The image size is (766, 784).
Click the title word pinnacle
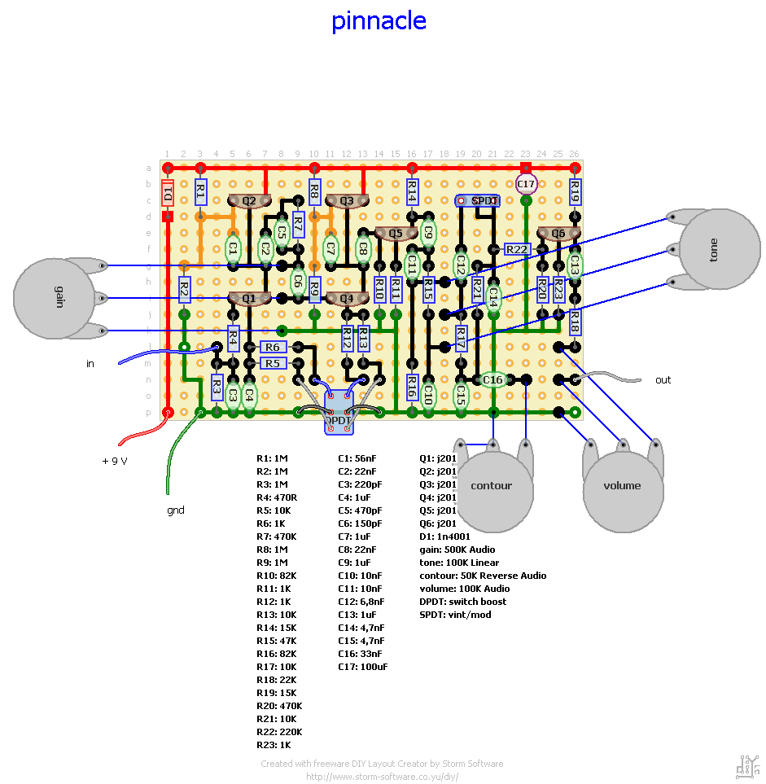(379, 20)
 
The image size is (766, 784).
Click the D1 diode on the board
(168, 195)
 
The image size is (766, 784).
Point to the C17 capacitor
(526, 184)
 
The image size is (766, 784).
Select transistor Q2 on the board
(249, 200)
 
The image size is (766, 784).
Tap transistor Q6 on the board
(558, 233)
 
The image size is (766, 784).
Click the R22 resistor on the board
(518, 249)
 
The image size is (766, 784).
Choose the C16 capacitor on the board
(493, 379)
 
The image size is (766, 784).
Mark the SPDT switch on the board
(478, 200)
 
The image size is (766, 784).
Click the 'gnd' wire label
(176, 510)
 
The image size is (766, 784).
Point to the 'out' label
(663, 380)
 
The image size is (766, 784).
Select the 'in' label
(90, 364)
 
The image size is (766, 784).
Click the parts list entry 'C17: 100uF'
(363, 667)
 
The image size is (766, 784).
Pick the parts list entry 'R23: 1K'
(274, 745)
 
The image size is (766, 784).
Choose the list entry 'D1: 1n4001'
(444, 537)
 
